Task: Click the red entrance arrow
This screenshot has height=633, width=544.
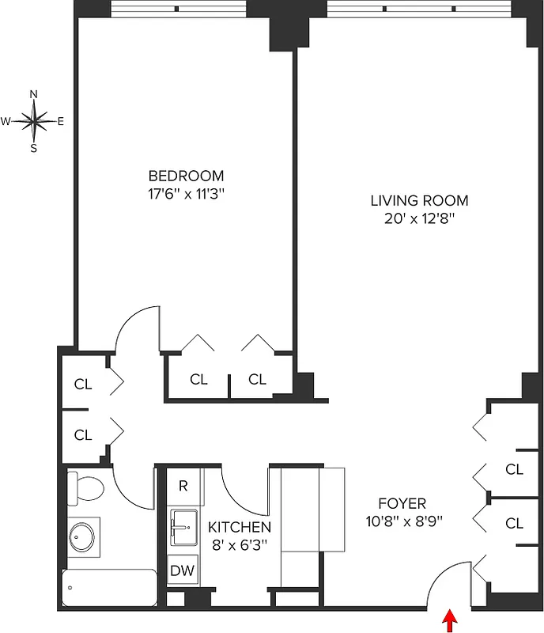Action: click(451, 620)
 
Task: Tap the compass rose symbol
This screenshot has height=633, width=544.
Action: click(34, 121)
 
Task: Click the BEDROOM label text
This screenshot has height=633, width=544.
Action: click(187, 176)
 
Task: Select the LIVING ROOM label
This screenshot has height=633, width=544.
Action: click(419, 201)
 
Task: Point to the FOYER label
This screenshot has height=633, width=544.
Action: click(402, 503)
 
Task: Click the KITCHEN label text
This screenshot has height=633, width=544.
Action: click(240, 527)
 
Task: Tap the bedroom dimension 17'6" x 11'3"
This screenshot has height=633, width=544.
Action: click(187, 193)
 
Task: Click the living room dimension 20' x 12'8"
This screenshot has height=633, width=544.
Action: click(419, 218)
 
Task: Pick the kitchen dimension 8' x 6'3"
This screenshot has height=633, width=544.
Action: click(240, 544)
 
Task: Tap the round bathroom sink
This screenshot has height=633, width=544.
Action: click(81, 537)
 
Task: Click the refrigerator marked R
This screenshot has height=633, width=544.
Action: click(183, 486)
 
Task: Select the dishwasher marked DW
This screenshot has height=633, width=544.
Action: click(183, 570)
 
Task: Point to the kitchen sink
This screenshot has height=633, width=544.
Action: click(183, 524)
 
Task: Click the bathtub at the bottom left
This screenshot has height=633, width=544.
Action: click(109, 588)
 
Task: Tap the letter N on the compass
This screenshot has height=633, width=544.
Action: click(34, 94)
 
